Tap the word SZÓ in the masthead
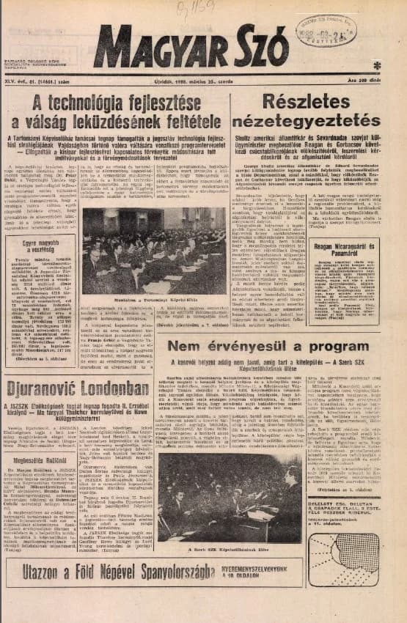pyautogui.click(x=257, y=47)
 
